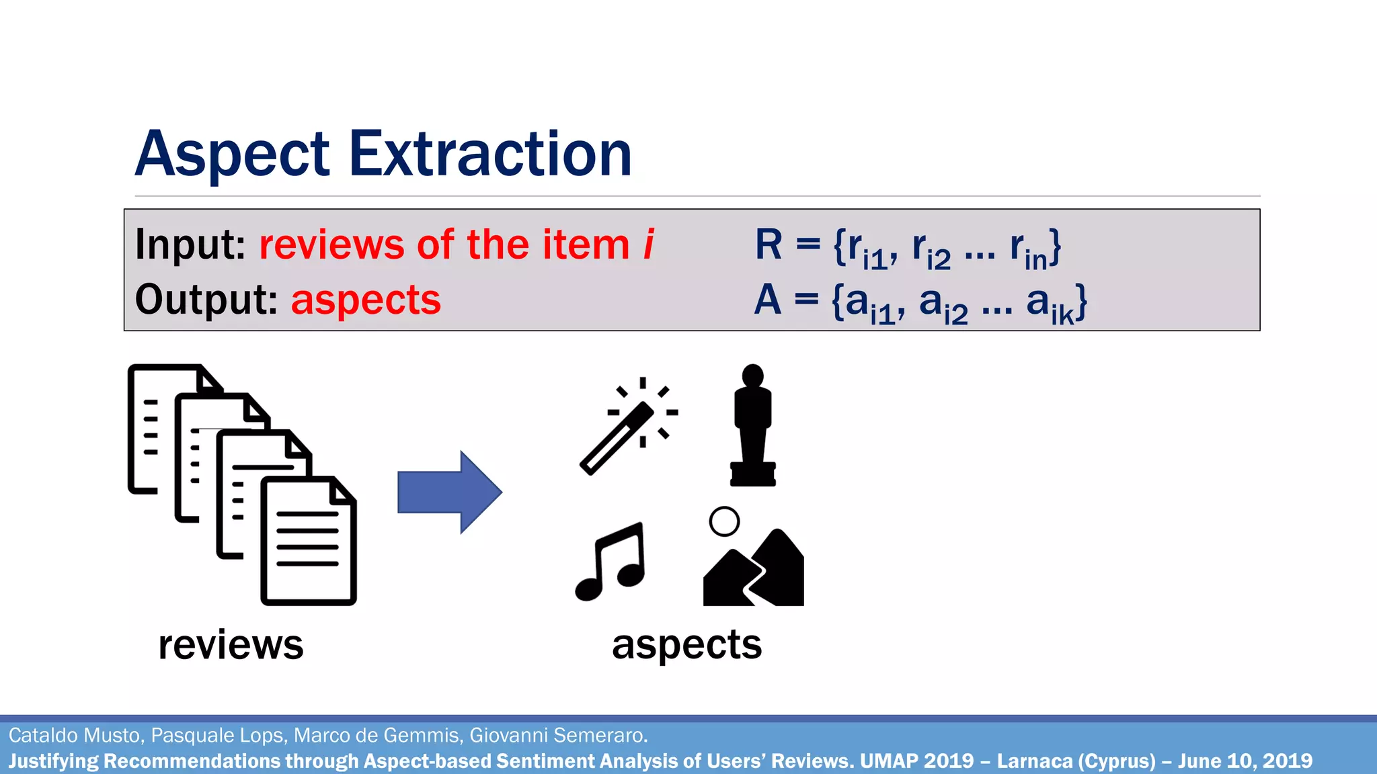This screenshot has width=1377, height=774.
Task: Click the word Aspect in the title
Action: [232, 156]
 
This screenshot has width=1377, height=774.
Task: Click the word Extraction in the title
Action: [490, 155]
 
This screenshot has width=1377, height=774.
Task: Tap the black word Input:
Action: [190, 245]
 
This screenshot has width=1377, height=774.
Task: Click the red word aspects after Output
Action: [366, 300]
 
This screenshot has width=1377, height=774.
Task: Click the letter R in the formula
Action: [769, 245]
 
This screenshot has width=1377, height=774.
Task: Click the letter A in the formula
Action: [767, 300]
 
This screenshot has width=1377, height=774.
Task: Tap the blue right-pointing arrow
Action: [450, 492]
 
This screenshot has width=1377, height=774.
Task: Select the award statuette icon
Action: [753, 426]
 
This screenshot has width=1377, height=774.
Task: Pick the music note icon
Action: [611, 562]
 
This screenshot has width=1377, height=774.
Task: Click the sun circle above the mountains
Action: [724, 521]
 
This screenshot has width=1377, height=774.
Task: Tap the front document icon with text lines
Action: [309, 542]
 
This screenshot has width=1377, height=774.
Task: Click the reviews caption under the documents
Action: [231, 645]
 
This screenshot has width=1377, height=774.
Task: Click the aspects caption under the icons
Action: [686, 645]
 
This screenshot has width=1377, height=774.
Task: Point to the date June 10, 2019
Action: [1245, 761]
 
